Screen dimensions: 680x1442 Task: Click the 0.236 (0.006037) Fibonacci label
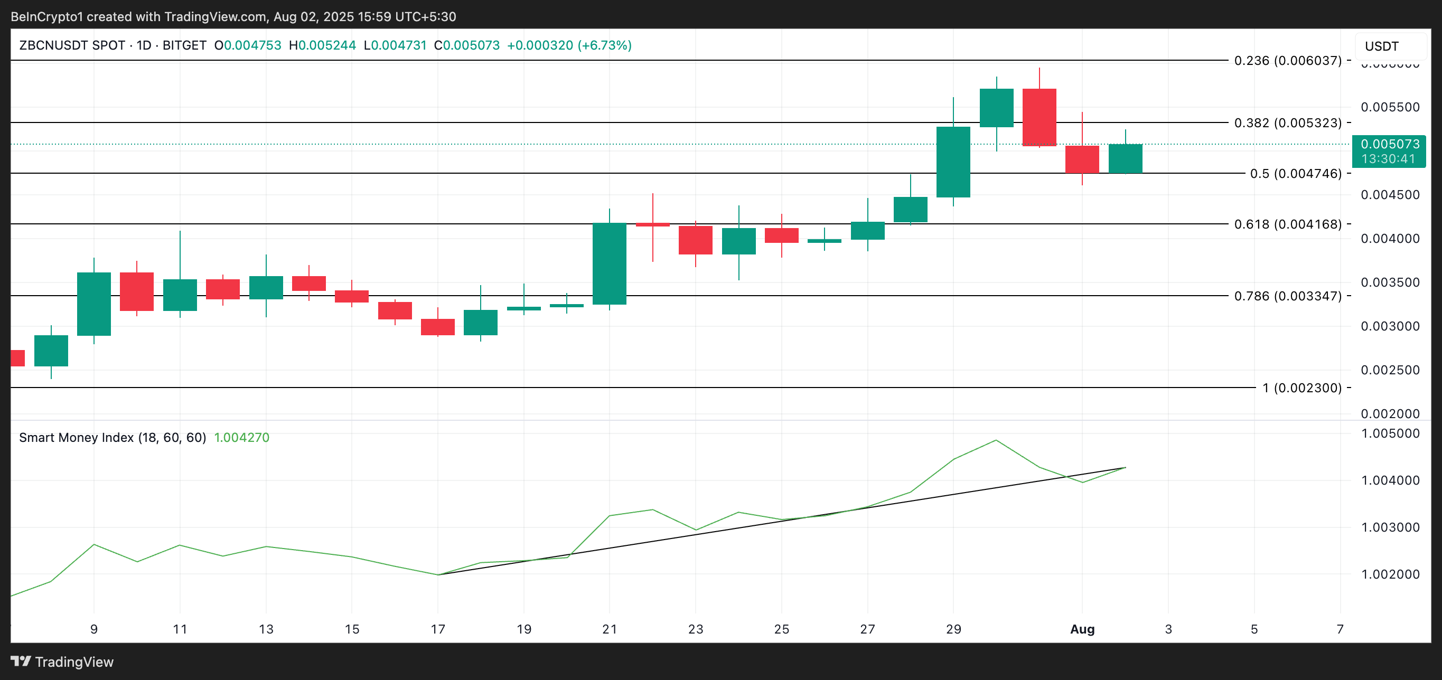point(1288,60)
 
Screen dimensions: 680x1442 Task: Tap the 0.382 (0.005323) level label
point(1288,122)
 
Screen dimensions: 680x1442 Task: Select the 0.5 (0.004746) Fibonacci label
point(1295,174)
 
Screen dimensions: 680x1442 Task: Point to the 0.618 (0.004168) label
point(1288,224)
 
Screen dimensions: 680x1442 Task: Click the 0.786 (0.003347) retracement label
point(1288,296)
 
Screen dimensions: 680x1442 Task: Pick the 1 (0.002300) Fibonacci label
point(1301,388)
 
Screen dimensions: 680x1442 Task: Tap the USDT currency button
point(1382,46)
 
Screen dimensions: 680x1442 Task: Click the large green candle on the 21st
point(609,263)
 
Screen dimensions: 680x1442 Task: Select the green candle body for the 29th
point(953,162)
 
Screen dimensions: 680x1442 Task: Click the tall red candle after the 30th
point(1039,117)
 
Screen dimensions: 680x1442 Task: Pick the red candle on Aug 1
point(1082,159)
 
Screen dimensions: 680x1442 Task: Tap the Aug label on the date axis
point(1082,629)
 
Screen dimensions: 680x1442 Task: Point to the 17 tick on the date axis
point(438,629)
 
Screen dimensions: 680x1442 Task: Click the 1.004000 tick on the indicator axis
point(1390,480)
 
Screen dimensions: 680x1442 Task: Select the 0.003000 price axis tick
point(1390,326)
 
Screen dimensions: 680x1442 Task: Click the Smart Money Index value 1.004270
point(241,438)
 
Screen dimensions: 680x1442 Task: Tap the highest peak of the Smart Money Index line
point(996,440)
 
